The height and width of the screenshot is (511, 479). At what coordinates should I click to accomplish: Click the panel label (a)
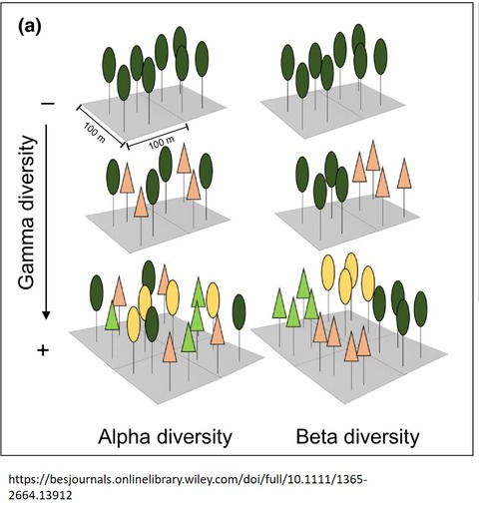tap(30, 27)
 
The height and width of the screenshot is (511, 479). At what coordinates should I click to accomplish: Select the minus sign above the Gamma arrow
tap(48, 104)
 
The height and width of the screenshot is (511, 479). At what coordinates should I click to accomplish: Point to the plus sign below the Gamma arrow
tap(43, 350)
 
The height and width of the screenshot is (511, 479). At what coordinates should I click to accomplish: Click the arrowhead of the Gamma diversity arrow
tap(46, 314)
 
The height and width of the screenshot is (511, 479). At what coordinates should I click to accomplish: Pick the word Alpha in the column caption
tap(124, 437)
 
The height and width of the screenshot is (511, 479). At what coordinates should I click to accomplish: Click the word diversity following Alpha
tap(194, 437)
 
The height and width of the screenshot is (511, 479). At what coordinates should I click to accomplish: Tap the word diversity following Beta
tap(381, 437)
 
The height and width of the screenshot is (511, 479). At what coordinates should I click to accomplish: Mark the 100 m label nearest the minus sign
tap(94, 134)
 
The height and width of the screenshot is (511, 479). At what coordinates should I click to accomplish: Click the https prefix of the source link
tap(26, 480)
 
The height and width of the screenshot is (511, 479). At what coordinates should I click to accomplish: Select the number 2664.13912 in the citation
tap(40, 496)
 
